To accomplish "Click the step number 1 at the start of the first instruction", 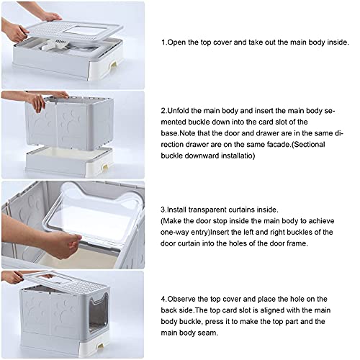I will coord(163,42).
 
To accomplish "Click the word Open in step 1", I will coord(177,42).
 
